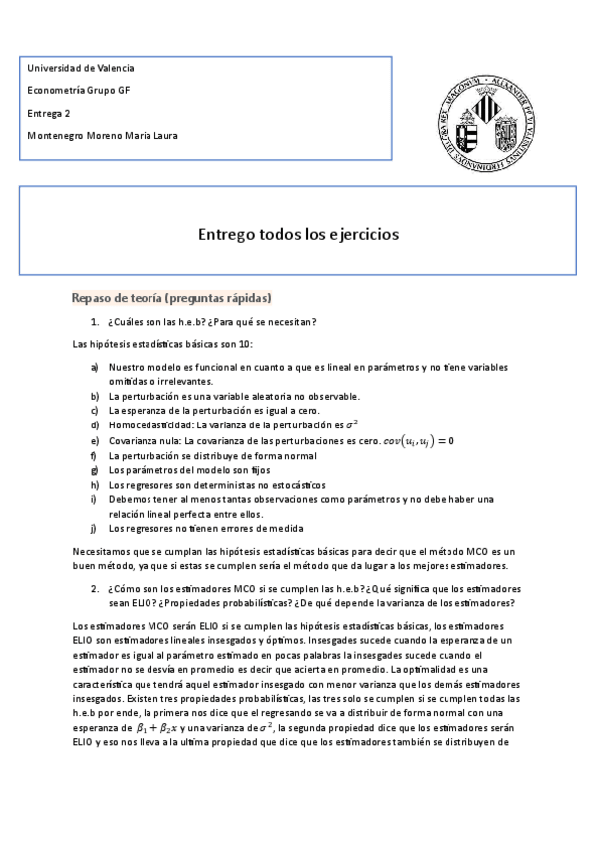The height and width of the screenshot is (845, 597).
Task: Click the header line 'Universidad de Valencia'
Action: pos(81,68)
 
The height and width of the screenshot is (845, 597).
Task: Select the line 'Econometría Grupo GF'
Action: pos(79,91)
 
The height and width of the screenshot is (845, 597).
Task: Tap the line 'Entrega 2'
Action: pos(49,113)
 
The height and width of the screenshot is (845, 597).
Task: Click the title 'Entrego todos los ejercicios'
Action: pos(298,235)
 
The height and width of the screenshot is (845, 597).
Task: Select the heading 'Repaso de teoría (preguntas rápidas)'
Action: pos(171,298)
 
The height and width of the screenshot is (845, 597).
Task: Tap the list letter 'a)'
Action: pos(95,367)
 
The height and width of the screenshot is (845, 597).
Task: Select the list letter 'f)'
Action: pos(94,455)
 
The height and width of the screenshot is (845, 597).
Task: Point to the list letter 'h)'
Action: pos(95,484)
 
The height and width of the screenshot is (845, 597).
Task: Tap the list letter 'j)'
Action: pos(94,528)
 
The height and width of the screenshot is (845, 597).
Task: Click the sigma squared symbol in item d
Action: pos(350,423)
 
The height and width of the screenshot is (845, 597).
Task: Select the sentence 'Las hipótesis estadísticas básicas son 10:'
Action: pos(163,344)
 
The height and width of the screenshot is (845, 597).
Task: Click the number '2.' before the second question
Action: pos(95,588)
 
